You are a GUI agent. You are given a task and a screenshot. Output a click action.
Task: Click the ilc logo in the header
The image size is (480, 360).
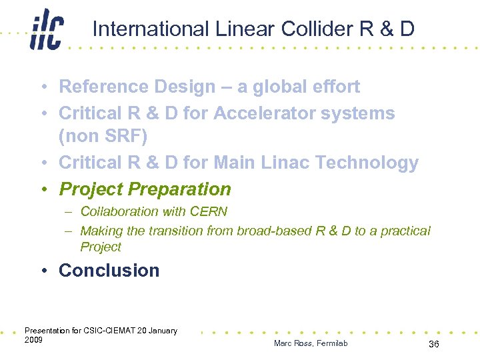46,31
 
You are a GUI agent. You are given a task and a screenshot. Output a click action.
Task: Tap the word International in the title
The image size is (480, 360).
151,29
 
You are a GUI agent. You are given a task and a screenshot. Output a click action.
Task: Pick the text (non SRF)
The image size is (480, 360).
102,137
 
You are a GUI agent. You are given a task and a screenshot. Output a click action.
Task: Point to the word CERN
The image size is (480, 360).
208,212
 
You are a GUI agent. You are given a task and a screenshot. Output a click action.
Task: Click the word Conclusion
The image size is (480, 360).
109,270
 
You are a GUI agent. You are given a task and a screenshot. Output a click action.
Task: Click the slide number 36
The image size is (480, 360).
433,343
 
